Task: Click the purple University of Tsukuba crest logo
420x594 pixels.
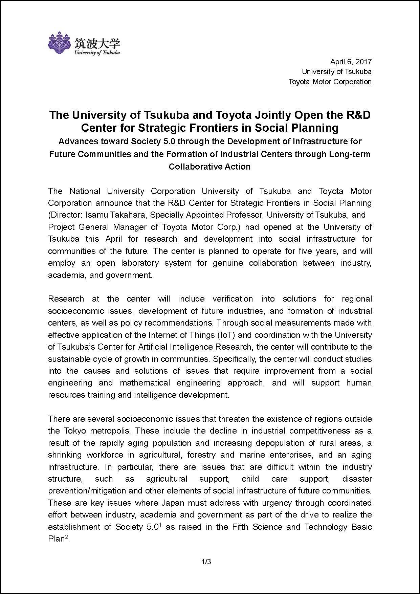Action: tap(60, 43)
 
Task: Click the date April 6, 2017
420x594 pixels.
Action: tap(351, 62)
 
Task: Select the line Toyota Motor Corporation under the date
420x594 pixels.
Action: tap(330, 82)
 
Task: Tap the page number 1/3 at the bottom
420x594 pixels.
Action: tap(206, 562)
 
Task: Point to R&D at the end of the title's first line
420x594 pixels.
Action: tap(358, 115)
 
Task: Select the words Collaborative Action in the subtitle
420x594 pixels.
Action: tap(209, 167)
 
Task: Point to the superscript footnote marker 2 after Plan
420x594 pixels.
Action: tap(67, 537)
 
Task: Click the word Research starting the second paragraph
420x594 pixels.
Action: tap(66, 299)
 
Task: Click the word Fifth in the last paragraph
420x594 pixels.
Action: tap(241, 527)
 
